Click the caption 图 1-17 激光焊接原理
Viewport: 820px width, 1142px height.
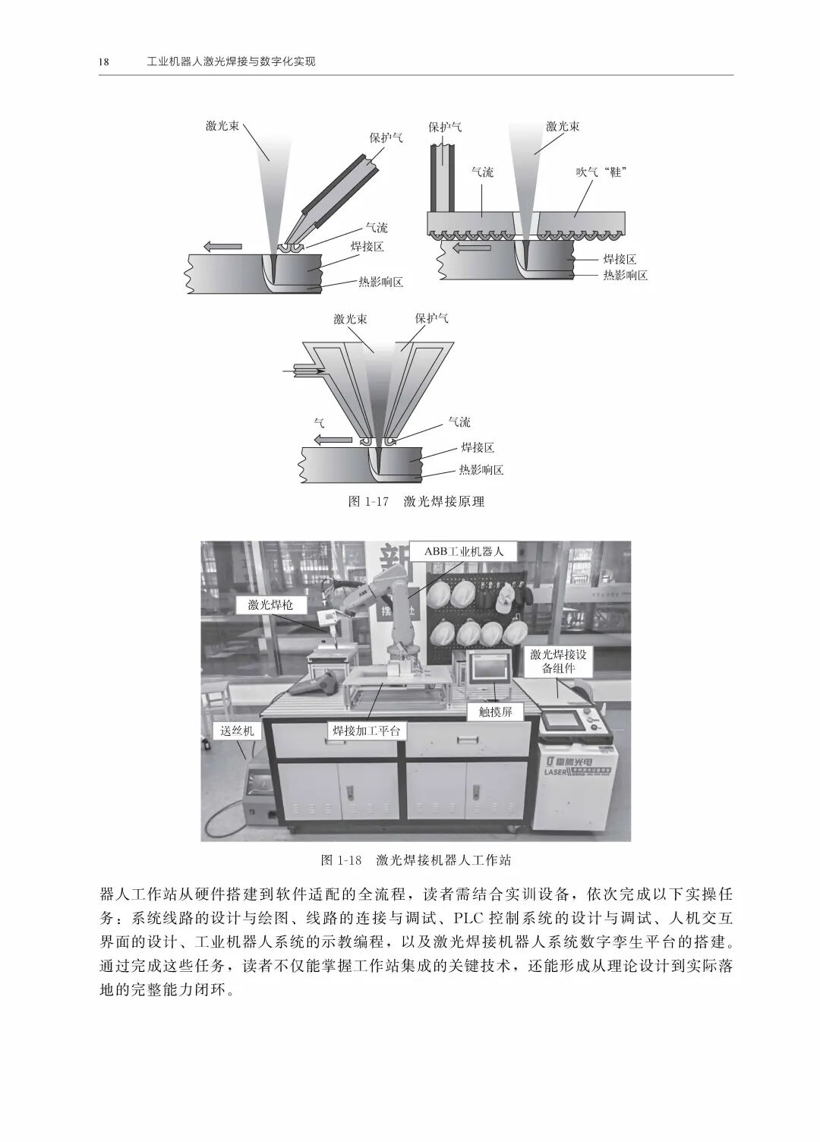coord(415,501)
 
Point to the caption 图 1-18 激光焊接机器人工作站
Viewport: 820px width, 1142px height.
coord(415,860)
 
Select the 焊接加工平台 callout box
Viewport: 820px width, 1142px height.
coord(365,730)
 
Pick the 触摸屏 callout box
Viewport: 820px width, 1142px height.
coord(496,712)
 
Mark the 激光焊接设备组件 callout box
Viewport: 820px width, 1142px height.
coord(558,661)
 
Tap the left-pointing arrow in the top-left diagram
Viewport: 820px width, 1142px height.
coord(222,246)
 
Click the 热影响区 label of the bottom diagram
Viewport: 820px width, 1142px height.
coord(481,470)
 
